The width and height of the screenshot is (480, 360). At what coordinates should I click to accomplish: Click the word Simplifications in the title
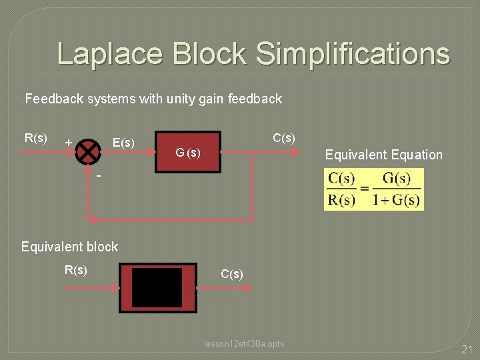point(352,54)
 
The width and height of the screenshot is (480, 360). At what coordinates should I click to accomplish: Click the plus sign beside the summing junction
point(68,143)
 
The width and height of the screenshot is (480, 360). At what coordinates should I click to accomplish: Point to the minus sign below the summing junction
point(98,176)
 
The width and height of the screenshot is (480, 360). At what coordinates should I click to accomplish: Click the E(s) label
point(123,143)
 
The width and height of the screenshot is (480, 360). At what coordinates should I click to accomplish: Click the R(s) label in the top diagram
point(35,139)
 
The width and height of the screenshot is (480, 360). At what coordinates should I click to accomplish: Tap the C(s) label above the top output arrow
point(284,139)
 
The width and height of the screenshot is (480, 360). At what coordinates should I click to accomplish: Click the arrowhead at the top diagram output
point(293,152)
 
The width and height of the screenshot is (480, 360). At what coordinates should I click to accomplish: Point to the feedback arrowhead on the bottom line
point(94,219)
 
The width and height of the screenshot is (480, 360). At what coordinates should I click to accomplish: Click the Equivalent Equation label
point(383,155)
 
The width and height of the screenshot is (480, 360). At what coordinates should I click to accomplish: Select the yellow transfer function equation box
point(373,189)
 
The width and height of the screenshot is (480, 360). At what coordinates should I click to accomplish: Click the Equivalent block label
point(69,247)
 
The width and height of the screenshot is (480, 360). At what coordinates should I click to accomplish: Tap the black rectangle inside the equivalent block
point(157,287)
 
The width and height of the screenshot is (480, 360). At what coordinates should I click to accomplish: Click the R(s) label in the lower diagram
point(75,270)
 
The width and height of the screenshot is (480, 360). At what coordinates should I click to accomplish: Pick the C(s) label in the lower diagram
point(232,274)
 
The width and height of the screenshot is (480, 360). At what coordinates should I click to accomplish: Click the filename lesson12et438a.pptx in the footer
point(244,344)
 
